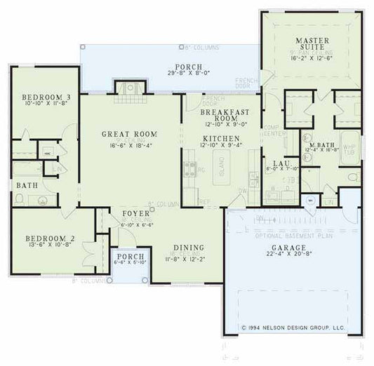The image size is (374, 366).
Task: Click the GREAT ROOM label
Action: pyautogui.click(x=128, y=134)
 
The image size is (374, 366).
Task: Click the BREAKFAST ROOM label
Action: pyautogui.click(x=221, y=116)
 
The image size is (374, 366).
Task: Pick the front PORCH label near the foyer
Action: pyautogui.click(x=131, y=257)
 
